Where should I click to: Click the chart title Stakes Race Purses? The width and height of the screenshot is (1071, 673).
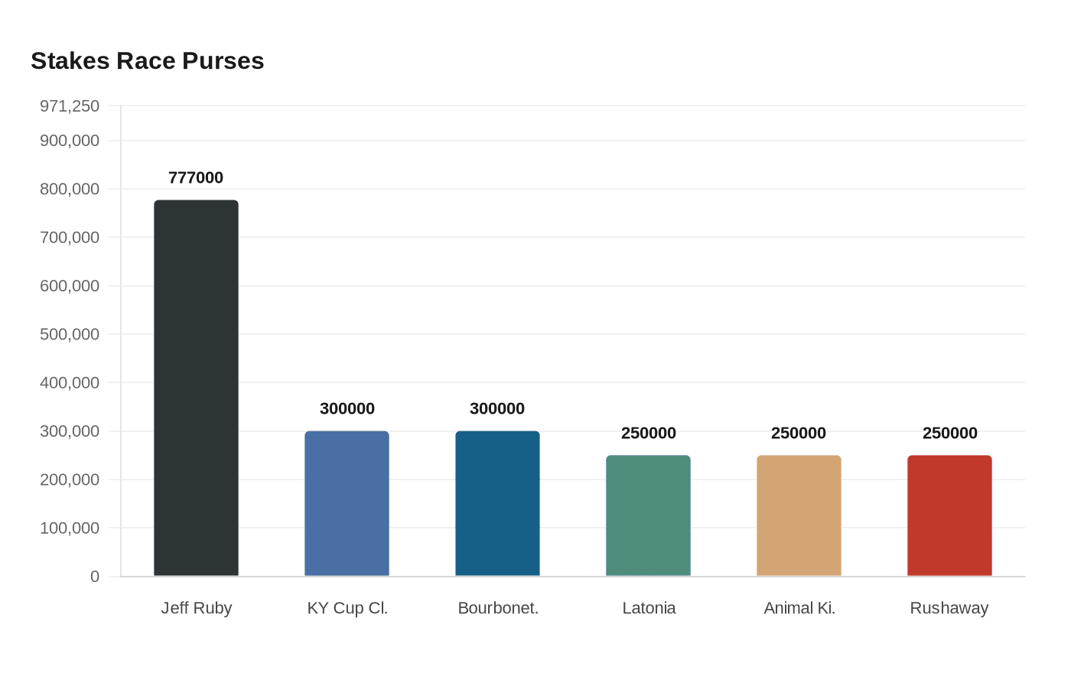point(147,60)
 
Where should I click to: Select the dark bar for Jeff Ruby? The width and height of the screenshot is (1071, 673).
point(196,388)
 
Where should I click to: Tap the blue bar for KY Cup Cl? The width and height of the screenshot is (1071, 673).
point(347,503)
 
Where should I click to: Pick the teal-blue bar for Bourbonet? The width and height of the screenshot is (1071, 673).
point(497,503)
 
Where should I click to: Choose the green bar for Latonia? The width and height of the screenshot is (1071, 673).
point(648,515)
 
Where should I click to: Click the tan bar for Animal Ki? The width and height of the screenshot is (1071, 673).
point(799,515)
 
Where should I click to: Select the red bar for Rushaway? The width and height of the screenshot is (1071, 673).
point(949,515)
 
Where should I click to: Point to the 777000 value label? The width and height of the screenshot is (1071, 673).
point(196,177)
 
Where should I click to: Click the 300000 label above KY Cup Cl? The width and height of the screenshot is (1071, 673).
point(347,408)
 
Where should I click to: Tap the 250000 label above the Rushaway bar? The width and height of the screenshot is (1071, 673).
point(949,433)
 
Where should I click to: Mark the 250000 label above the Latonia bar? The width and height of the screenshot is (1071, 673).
point(648,433)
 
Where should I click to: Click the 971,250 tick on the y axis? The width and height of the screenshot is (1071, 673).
point(70,106)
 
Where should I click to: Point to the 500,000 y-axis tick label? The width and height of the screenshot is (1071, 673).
point(70,334)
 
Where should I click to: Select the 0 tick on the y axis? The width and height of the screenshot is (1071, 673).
point(95,577)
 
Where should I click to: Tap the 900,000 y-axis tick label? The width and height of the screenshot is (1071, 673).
point(70,141)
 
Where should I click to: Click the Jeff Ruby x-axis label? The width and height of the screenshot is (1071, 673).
point(196,608)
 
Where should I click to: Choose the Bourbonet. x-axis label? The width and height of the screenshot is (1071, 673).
point(498,608)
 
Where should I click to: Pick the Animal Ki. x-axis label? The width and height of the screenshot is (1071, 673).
point(799,608)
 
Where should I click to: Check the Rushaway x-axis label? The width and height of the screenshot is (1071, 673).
point(949,608)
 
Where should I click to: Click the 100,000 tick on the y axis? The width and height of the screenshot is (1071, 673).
point(70,528)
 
